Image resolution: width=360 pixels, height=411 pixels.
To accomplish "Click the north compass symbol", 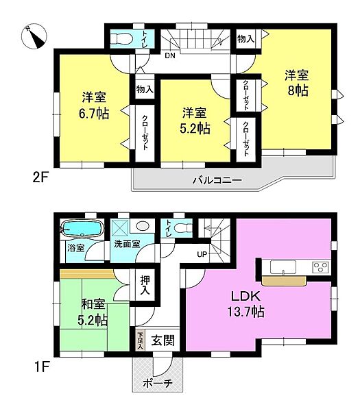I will coord(32,36).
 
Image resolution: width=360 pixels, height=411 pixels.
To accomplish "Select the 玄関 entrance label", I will coord(161,339).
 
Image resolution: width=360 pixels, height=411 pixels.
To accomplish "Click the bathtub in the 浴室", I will coord(81,228).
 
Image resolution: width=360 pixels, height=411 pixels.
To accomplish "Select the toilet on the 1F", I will coord(181,228).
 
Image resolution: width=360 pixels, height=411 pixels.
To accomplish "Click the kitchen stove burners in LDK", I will coord(320,266).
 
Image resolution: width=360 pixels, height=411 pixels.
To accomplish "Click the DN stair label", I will coord(169,56).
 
